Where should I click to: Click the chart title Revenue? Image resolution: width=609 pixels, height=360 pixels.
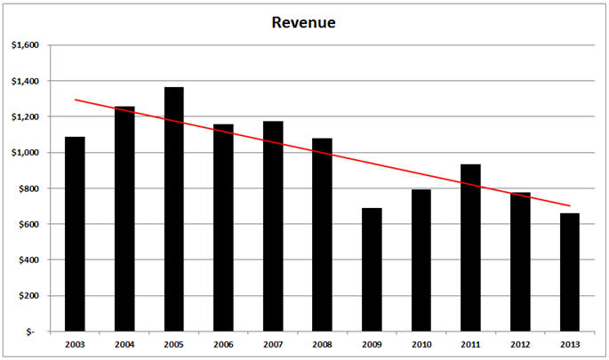303,22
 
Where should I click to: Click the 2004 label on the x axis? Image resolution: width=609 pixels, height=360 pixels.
124,344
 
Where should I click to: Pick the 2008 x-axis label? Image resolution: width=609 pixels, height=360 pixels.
322,344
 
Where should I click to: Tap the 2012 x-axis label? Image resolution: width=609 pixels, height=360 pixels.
520,344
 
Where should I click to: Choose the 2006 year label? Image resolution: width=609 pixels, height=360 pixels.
223,344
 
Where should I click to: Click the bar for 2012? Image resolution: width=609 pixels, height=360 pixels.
520,261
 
